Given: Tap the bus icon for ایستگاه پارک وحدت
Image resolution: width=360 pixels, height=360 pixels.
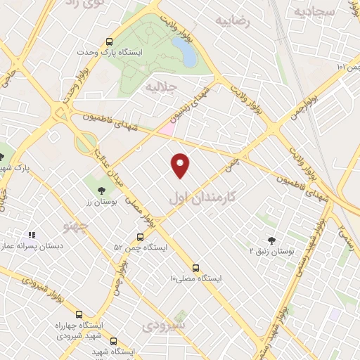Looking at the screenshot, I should [109, 41].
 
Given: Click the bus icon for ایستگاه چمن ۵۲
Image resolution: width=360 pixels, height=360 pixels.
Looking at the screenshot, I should [140, 237].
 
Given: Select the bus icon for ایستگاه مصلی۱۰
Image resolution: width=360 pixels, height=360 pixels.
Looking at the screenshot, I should [195, 268].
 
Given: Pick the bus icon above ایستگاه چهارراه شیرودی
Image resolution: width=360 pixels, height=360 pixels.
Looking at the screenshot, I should [78, 314].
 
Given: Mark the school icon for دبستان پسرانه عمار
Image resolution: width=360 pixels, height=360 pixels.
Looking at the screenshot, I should [31, 236].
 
